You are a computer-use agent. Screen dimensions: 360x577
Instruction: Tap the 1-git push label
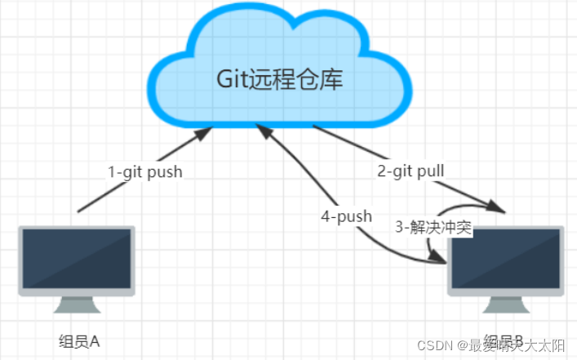pyautogui.click(x=145, y=172)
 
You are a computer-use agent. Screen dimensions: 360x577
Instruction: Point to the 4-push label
pyautogui.click(x=347, y=216)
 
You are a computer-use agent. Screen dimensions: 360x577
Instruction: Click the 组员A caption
pyautogui.click(x=79, y=340)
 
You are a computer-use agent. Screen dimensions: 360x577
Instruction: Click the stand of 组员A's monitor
pyautogui.click(x=77, y=304)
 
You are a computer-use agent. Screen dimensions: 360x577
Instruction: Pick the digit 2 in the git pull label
pyautogui.click(x=381, y=171)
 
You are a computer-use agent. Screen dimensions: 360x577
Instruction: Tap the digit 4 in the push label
pyautogui.click(x=326, y=216)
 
